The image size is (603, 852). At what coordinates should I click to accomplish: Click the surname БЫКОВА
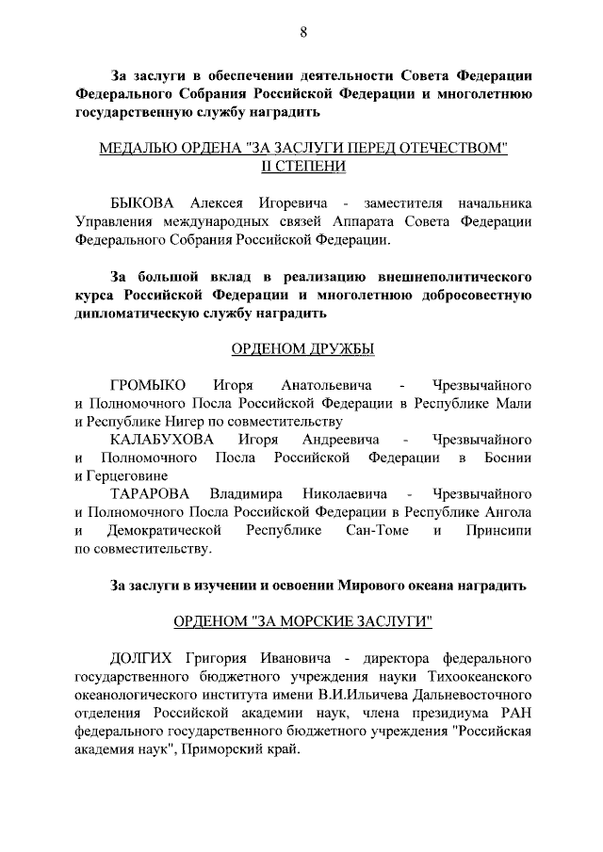[x=146, y=203]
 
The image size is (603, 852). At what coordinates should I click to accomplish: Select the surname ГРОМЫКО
[x=149, y=385]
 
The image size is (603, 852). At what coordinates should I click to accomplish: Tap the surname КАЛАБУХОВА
[x=161, y=440]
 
